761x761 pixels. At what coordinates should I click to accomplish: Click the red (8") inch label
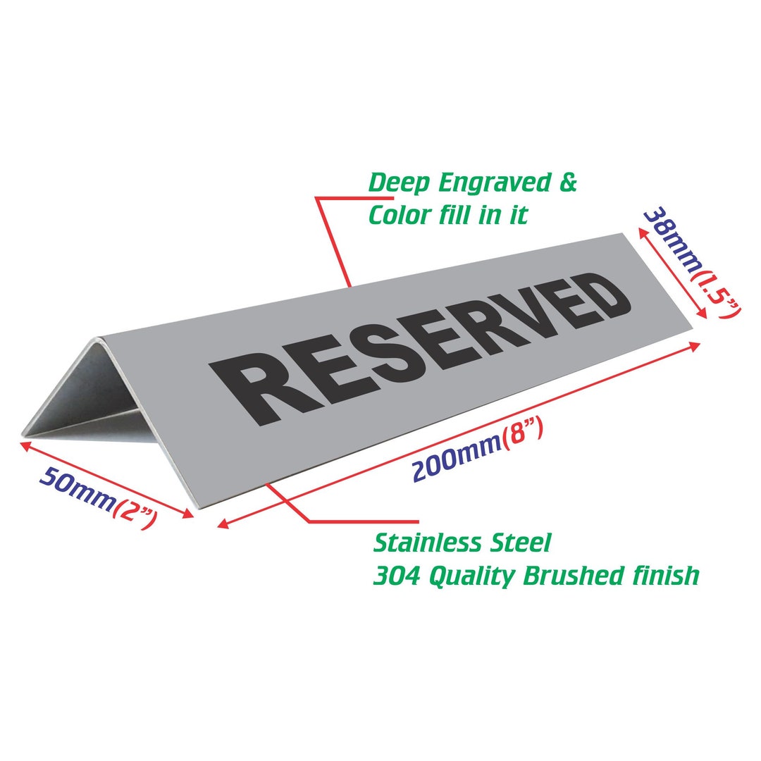click(x=522, y=435)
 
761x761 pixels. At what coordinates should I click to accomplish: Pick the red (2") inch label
click(x=135, y=512)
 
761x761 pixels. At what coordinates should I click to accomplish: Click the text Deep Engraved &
click(x=473, y=183)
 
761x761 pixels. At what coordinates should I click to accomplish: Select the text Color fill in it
click(x=448, y=215)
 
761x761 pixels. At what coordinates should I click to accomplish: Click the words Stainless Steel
click(x=462, y=543)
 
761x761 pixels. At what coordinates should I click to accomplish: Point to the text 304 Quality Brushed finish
click(x=536, y=576)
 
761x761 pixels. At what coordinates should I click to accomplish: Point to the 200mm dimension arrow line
click(x=458, y=433)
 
